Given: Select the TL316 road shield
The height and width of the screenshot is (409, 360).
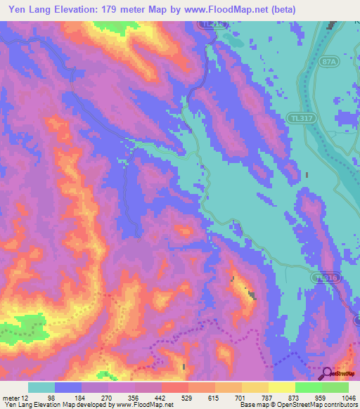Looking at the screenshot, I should click(326, 278).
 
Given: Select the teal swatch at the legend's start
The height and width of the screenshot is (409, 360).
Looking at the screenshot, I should click(41, 388).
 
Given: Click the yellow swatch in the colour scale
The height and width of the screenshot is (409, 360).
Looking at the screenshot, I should click(281, 388).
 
